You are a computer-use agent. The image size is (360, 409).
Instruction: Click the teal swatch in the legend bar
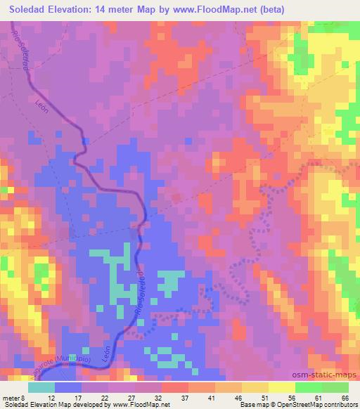(41, 387)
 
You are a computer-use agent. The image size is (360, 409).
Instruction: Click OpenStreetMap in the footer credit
(289, 405)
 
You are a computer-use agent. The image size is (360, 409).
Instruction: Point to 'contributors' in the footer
(336, 405)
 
